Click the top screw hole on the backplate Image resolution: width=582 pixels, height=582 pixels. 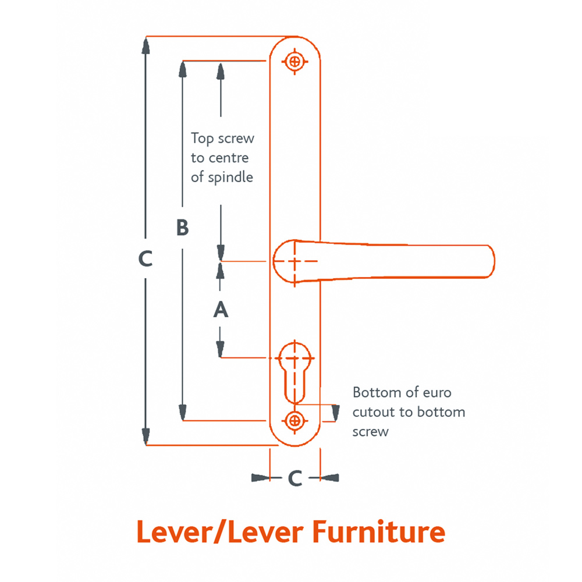[295, 61]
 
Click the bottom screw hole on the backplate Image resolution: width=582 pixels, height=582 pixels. [295, 420]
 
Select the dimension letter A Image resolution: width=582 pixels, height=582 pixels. [221, 310]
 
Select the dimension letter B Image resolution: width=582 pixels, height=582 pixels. [182, 228]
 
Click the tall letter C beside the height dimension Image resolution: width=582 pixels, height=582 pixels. [145, 258]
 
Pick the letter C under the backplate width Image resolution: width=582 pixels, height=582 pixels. [295, 478]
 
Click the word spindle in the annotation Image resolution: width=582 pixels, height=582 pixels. [231, 177]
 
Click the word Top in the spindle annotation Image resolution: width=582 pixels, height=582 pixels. [202, 139]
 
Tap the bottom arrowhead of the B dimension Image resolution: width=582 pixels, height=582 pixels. [183, 412]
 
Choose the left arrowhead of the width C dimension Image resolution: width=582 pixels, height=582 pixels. [261, 478]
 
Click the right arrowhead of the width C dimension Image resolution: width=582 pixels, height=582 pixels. [329, 478]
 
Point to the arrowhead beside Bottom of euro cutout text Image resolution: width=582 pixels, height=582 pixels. [335, 413]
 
